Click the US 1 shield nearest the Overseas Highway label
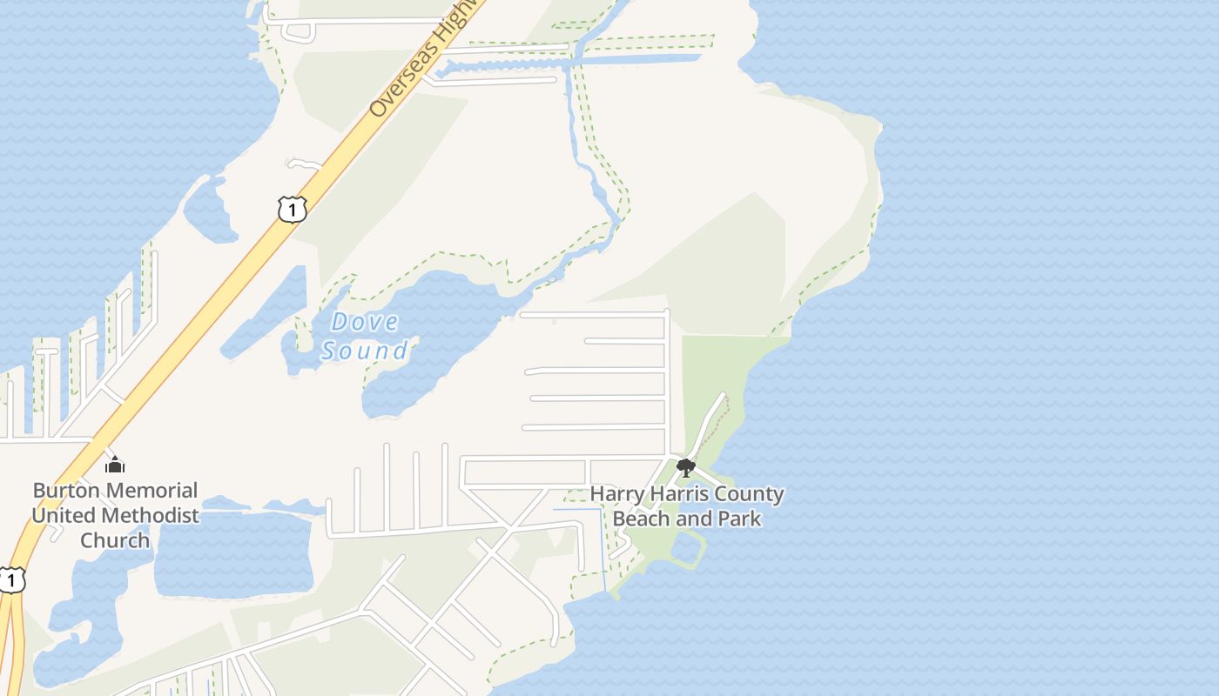[293, 209]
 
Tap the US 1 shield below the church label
[10, 580]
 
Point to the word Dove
[365, 322]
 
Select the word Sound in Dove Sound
[364, 351]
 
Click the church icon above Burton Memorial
[115, 465]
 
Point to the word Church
[115, 540]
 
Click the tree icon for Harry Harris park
[686, 468]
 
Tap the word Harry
[618, 494]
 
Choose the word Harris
[680, 494]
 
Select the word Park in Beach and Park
[737, 519]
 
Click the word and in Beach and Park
[693, 519]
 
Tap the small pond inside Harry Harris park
[686, 549]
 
